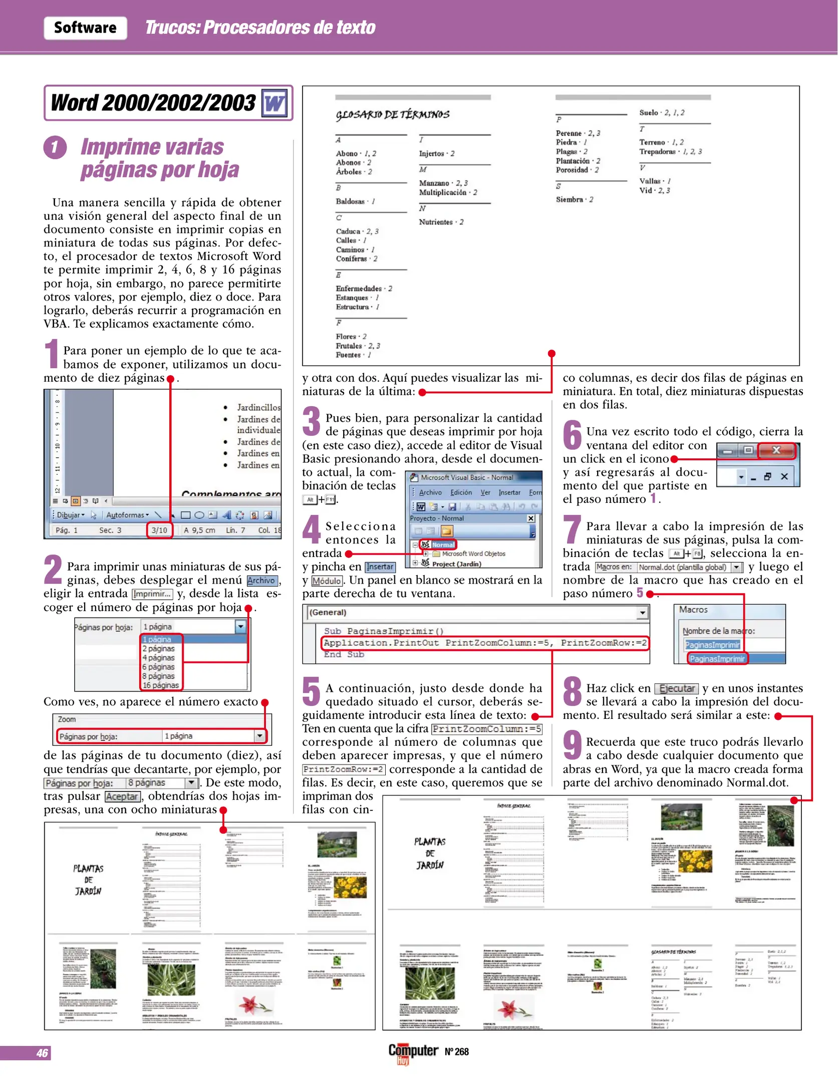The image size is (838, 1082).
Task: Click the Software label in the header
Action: (85, 28)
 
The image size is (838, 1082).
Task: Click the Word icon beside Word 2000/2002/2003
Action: (274, 103)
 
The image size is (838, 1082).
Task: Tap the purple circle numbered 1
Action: (55, 148)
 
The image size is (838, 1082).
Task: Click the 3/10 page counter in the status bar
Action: (159, 530)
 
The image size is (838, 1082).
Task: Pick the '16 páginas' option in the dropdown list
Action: (160, 685)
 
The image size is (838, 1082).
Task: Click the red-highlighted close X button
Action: (776, 450)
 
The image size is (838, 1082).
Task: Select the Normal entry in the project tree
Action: (443, 545)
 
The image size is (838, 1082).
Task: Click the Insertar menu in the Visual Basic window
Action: (509, 492)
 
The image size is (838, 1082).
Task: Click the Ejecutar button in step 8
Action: (676, 688)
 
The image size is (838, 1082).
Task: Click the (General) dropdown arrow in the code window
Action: (642, 613)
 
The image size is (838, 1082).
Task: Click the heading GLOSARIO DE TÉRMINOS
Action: (393, 115)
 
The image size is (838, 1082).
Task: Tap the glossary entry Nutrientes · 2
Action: (441, 222)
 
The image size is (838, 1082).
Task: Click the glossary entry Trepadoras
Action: (670, 151)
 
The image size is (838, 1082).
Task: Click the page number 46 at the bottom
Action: (42, 1053)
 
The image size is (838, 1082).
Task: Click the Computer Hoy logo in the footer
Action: (413, 1052)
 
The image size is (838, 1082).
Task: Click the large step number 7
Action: (572, 530)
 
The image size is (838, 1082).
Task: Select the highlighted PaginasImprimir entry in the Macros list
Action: (717, 659)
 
